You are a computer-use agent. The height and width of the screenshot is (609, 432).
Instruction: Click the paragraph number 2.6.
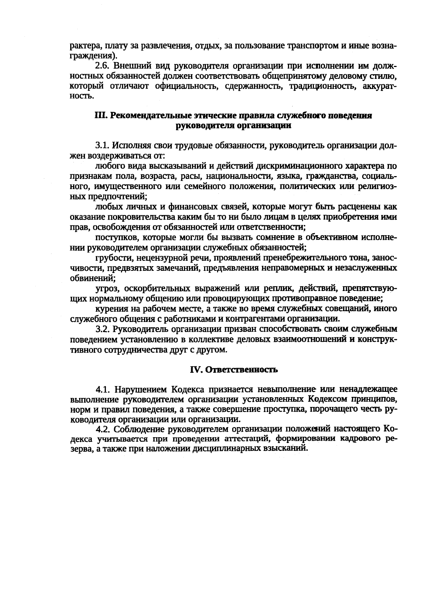(x=103, y=66)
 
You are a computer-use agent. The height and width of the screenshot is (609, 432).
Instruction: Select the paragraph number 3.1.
(x=103, y=146)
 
